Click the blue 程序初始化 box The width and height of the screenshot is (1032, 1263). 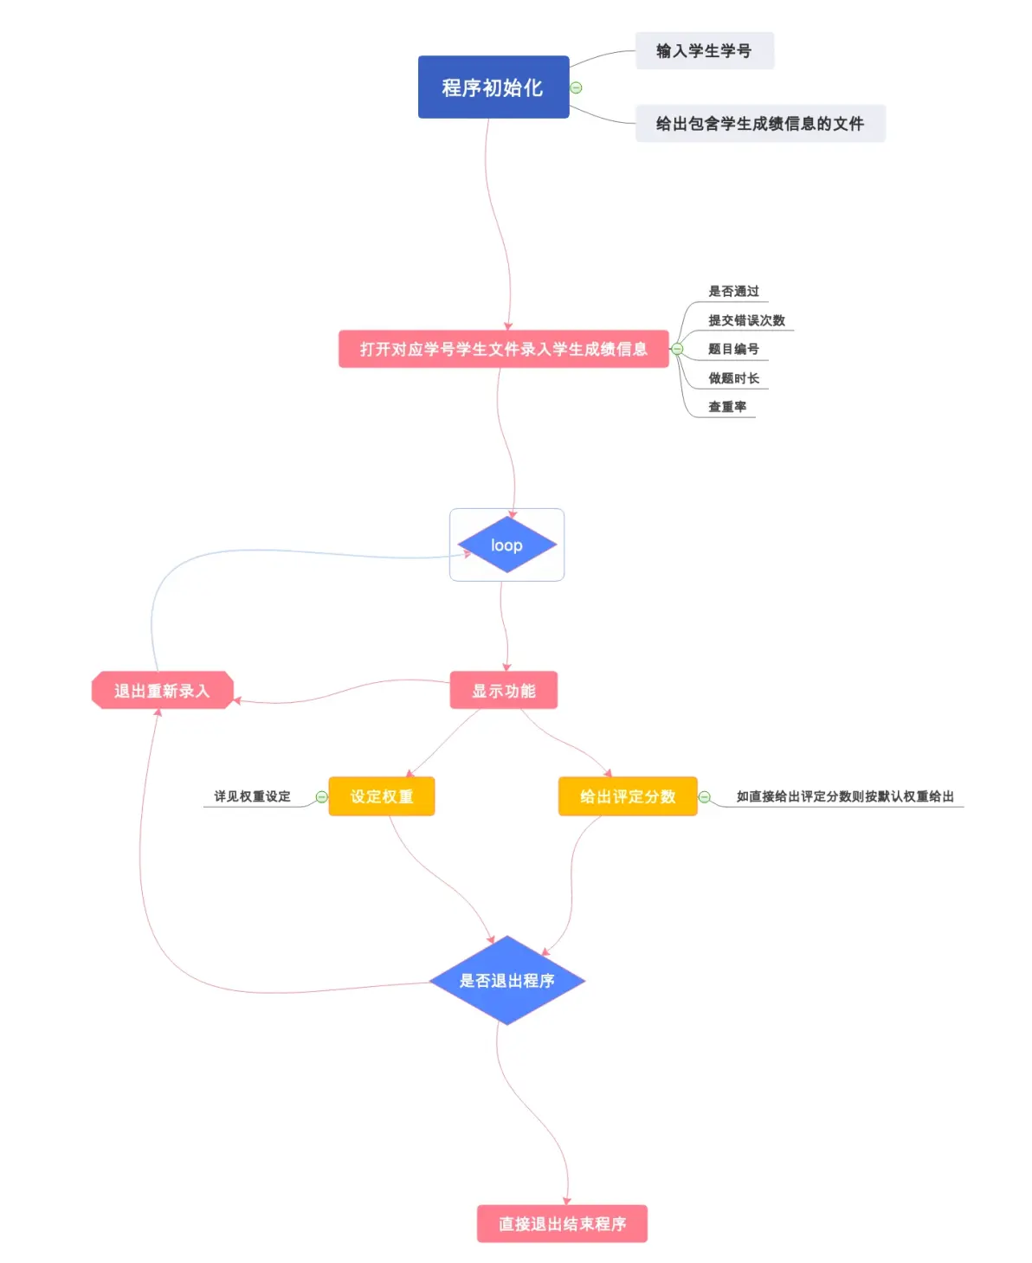[493, 87]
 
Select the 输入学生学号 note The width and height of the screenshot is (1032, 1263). [704, 51]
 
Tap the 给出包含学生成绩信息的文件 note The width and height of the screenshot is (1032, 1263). [759, 124]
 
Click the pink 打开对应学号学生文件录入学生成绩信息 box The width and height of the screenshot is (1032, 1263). [503, 349]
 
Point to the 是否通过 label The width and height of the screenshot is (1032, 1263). [733, 292]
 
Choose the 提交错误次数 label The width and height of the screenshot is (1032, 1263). [746, 320]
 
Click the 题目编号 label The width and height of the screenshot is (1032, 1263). [733, 349]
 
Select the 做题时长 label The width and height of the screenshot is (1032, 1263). [733, 378]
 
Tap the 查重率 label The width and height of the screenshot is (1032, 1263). [727, 407]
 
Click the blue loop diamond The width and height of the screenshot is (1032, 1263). [506, 545]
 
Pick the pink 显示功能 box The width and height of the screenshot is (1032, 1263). [503, 691]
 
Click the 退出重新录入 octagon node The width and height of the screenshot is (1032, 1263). [162, 691]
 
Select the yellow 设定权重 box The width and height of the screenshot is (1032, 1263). [381, 796]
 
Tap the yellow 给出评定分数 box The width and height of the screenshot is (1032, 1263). [628, 796]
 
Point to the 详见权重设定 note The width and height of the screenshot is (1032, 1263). [252, 796]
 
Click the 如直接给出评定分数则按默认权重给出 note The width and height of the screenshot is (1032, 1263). [844, 796]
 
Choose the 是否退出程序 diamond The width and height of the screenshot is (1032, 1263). [506, 981]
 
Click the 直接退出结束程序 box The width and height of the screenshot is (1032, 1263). [562, 1224]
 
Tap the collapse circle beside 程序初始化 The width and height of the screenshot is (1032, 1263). [577, 87]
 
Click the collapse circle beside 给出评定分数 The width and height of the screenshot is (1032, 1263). [705, 797]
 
